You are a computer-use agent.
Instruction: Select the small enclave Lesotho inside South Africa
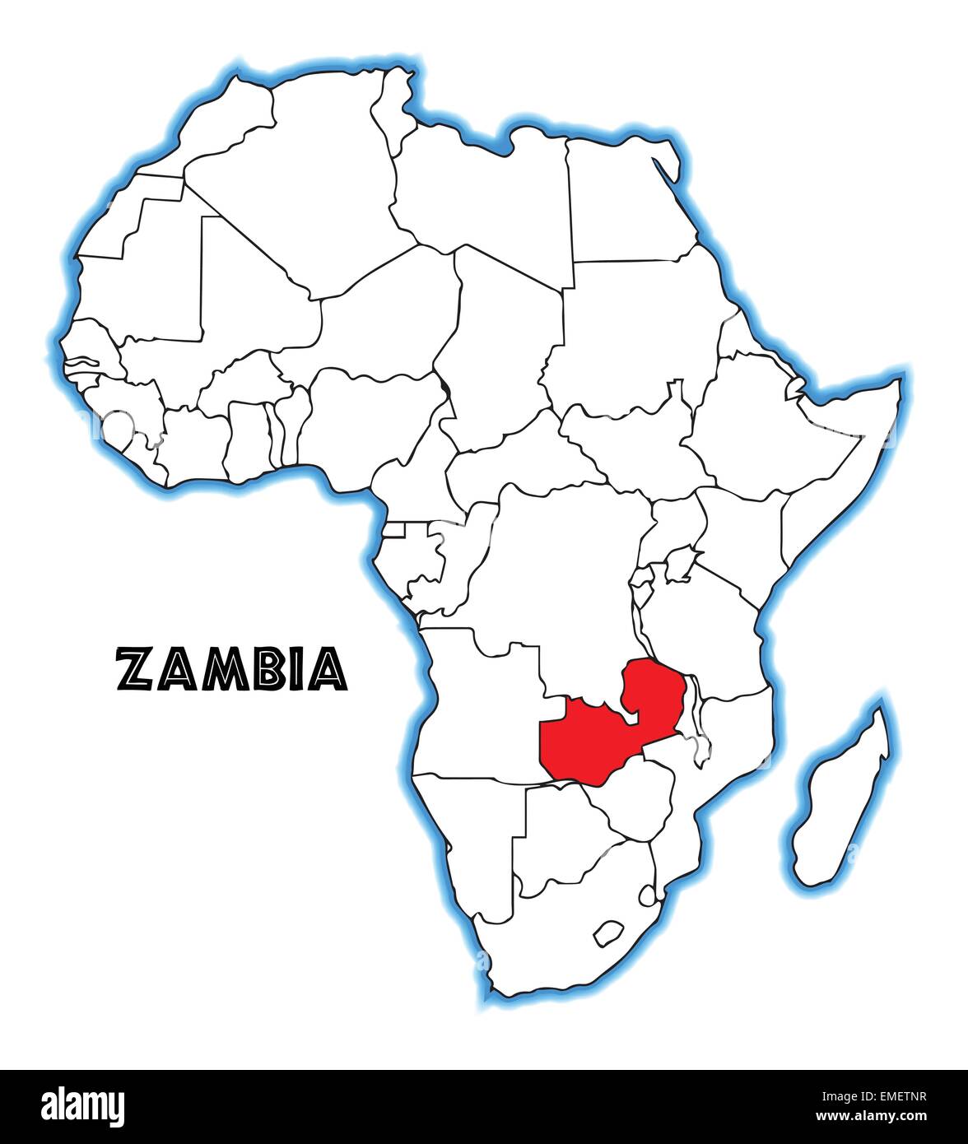coord(607,932)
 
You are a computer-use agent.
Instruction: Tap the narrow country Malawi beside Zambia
coord(696,716)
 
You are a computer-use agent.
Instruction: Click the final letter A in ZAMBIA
coord(329,669)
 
